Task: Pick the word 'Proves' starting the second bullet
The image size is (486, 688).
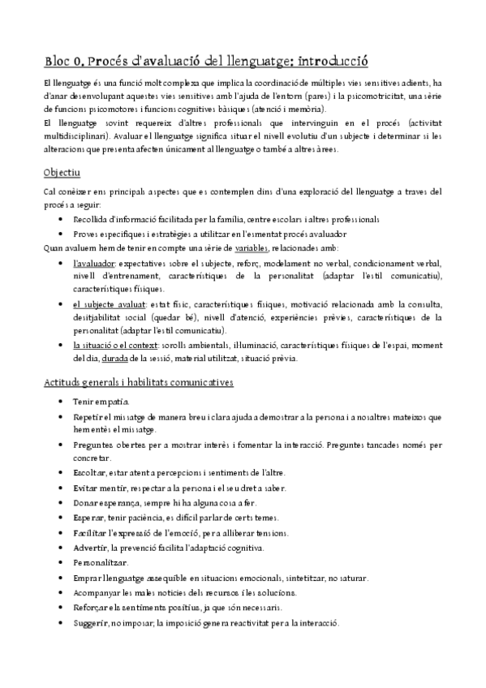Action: (88, 234)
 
